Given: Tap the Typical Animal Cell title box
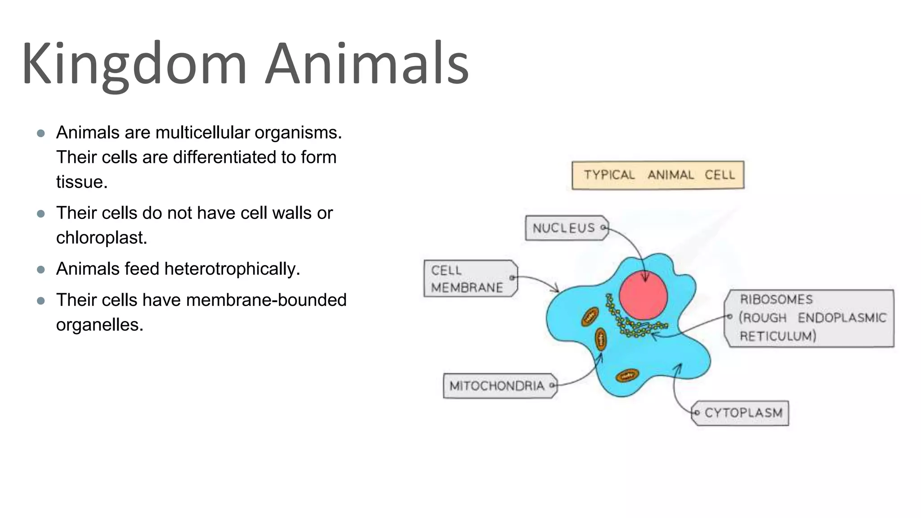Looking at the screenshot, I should (x=657, y=175).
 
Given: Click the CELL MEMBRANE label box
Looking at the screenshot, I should (x=469, y=279).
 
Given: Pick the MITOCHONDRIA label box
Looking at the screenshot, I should (x=499, y=386).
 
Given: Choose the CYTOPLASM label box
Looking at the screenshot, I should (x=741, y=413).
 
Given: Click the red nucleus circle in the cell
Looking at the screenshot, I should (x=643, y=295).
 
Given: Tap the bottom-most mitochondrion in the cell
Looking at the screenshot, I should (x=627, y=375).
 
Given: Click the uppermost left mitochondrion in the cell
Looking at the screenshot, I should (x=590, y=317).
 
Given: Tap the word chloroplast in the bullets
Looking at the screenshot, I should (x=101, y=238).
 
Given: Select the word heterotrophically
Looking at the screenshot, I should (x=232, y=269).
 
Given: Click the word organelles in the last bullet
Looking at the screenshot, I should (x=99, y=325).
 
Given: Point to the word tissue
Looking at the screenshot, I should (x=81, y=182).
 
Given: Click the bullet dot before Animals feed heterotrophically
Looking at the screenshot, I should (x=41, y=270).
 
